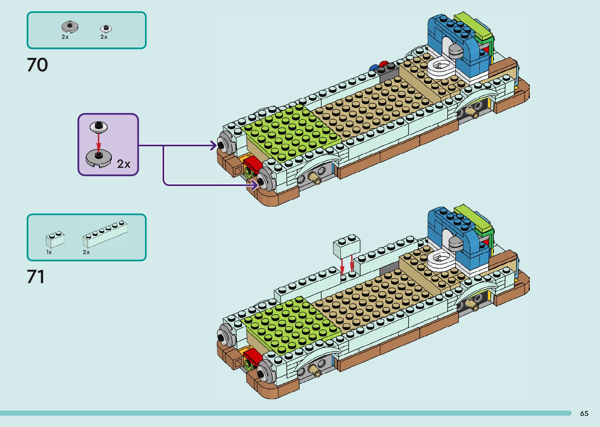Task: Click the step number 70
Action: click(x=37, y=65)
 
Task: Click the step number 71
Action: click(x=36, y=276)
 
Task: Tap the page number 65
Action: click(x=584, y=414)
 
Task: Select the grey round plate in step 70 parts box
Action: click(x=70, y=27)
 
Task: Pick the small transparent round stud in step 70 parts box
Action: click(x=106, y=28)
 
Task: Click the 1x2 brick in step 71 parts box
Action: click(x=55, y=239)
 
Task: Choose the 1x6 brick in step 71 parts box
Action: click(x=105, y=234)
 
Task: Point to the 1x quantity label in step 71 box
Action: click(x=49, y=252)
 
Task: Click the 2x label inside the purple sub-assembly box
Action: click(x=123, y=164)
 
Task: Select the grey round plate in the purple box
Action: click(x=99, y=158)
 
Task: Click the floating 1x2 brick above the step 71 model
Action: click(x=346, y=247)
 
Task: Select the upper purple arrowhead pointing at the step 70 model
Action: click(x=214, y=145)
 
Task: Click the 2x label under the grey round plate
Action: click(x=65, y=37)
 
